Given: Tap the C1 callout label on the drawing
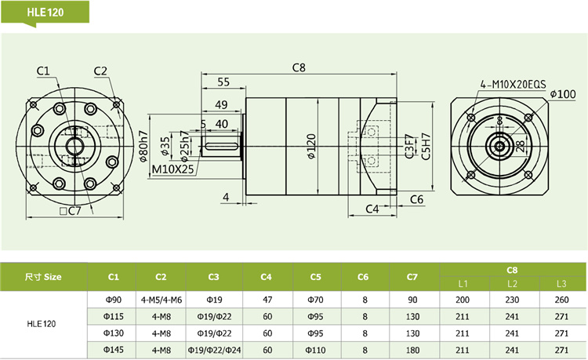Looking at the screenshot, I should (43, 71).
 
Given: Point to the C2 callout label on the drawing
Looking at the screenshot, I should (100, 71).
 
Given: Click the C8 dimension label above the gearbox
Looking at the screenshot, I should (298, 68).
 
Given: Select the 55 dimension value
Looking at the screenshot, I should (223, 82).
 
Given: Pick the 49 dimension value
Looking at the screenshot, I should (221, 105).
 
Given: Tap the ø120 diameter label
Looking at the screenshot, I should (312, 144).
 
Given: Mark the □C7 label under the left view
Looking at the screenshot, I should (70, 210).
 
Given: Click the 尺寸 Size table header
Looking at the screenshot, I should (43, 276).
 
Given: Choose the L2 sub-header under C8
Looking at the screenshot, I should (513, 283).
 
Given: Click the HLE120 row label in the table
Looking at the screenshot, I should (42, 323).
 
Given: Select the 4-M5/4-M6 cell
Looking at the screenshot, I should (162, 299).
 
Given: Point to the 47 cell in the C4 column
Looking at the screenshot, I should (267, 299).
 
